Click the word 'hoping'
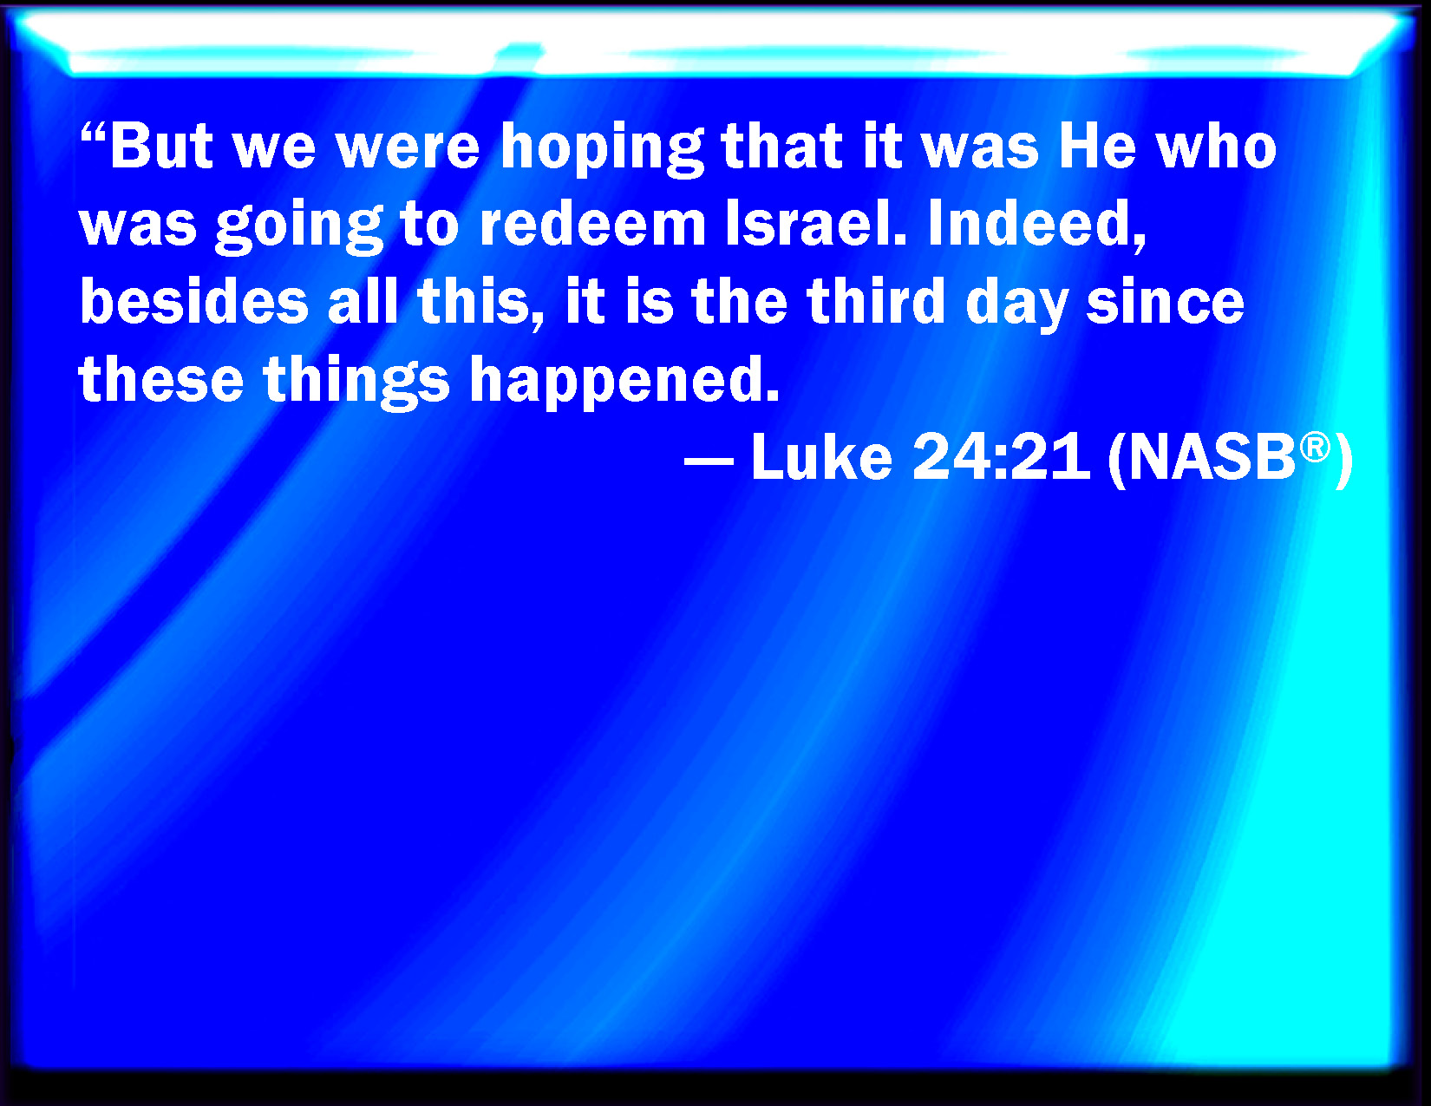tap(602, 150)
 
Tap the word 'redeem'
tap(592, 225)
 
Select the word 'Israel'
tap(815, 225)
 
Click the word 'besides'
tap(194, 302)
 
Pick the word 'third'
tap(877, 302)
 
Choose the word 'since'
tap(1165, 303)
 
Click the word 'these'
tap(161, 379)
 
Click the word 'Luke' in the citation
tap(821, 457)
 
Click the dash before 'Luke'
tap(709, 460)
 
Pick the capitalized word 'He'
tap(1097, 147)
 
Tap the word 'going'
tap(299, 228)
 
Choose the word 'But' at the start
tap(162, 147)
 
